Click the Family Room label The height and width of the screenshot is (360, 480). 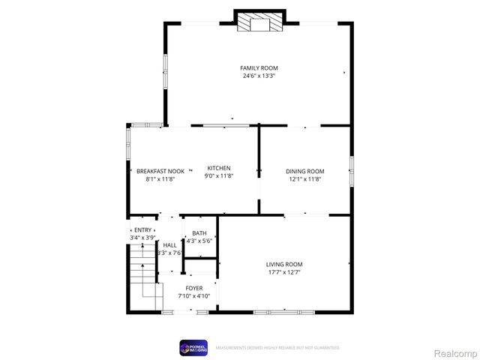259,68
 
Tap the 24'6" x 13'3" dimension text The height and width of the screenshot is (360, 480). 259,76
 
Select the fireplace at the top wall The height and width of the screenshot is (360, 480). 259,22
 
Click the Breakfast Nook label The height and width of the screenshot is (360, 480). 160,171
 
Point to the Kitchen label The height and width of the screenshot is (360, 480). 219,168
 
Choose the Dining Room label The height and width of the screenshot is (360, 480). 304,171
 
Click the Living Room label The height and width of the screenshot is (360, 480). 284,264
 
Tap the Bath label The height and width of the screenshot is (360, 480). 199,233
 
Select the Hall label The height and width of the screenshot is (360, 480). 170,245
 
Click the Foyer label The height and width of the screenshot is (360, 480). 194,288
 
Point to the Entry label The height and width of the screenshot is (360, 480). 142,230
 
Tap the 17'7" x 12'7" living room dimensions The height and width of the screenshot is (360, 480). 284,272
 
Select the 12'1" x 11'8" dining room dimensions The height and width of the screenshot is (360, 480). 304,179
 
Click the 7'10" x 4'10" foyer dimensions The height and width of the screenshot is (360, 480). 194,296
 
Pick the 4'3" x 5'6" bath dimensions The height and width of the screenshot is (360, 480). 199,241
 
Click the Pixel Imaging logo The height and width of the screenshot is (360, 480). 193,347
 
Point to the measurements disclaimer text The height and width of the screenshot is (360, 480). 277,348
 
